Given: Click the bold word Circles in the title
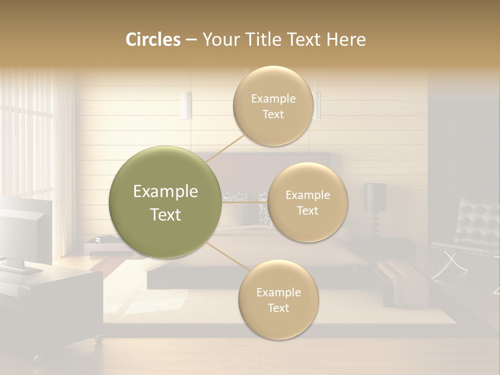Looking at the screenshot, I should [x=153, y=40].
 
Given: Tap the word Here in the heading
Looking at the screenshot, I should [x=346, y=40].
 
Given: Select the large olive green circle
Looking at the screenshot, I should [x=165, y=202].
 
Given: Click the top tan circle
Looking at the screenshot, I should [x=273, y=106].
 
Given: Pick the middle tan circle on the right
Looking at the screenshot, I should [x=307, y=202].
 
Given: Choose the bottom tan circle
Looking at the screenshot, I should [x=278, y=299].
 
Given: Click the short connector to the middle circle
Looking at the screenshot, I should [x=245, y=202].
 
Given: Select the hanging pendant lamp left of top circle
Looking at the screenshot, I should [x=186, y=105].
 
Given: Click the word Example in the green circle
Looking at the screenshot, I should [x=165, y=192].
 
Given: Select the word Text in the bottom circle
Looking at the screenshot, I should [x=278, y=308].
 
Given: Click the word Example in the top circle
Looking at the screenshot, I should [x=273, y=98].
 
